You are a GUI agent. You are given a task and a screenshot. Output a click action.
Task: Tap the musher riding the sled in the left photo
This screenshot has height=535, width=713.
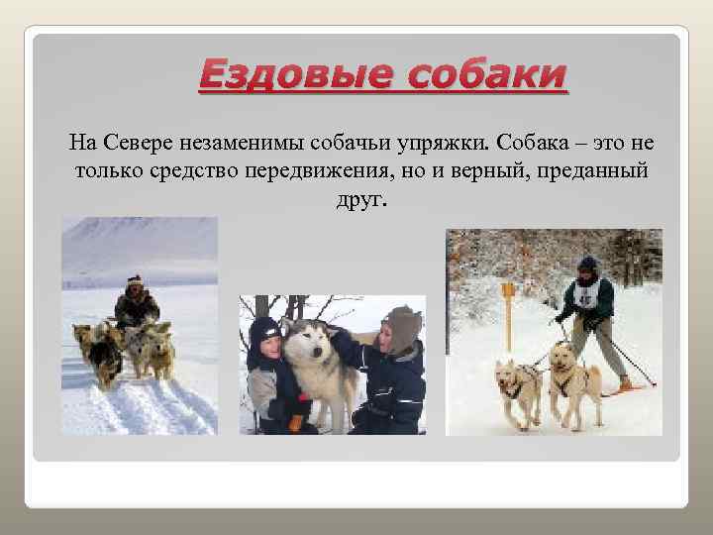(x=136, y=303)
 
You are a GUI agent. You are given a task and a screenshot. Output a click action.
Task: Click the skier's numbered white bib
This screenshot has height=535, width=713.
(x=587, y=295)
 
